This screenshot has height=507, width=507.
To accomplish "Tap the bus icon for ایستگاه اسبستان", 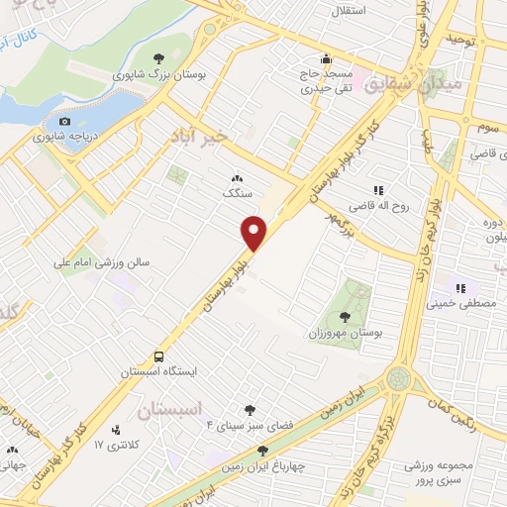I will [156, 356].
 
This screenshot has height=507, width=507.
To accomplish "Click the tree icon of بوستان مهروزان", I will [344, 318].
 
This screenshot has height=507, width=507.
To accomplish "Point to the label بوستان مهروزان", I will [347, 334].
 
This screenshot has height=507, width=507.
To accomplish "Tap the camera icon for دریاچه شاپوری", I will [65, 121].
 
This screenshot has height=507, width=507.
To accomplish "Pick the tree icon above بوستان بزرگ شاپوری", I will [159, 58].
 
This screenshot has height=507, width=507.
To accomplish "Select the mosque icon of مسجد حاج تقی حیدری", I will [327, 58].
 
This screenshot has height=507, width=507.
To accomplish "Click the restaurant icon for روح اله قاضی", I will [377, 190].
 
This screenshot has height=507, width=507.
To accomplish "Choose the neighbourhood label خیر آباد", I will [214, 133].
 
